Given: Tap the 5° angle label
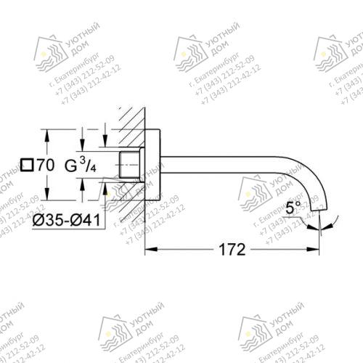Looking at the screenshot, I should point(293,208).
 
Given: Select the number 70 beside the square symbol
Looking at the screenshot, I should point(44,166).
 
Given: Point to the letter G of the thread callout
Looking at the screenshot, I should point(70,166).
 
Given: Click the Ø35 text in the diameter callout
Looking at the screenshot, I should point(50,219).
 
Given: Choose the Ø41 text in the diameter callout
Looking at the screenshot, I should point(85,219).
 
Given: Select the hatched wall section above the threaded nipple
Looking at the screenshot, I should point(131,131).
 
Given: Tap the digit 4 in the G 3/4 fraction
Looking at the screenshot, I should point(91,170).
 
